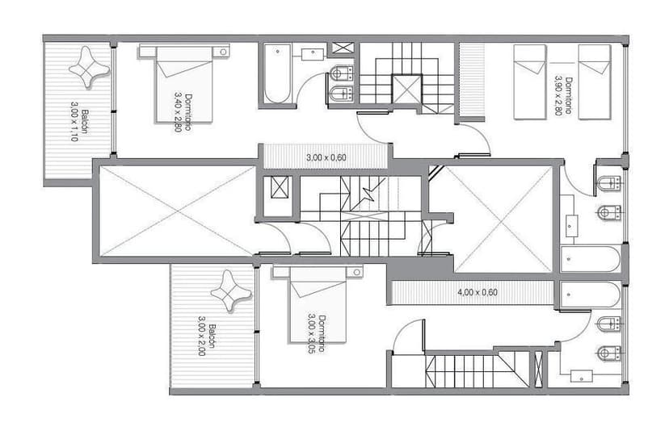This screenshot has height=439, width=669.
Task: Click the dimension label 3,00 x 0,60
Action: (x=326, y=157)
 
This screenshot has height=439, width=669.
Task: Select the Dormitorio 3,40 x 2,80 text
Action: (x=183, y=111)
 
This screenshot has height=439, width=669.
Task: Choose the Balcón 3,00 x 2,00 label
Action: (x=207, y=340)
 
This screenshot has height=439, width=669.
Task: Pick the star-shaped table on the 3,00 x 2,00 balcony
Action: (x=230, y=291)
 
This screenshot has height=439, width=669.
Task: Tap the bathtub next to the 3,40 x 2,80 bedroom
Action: (x=277, y=74)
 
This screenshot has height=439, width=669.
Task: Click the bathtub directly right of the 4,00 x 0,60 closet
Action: (x=591, y=295)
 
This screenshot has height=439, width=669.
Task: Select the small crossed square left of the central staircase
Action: (x=280, y=187)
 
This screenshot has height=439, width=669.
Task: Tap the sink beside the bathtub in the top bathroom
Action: (x=313, y=54)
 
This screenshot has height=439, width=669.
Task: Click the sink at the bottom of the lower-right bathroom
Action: (x=582, y=375)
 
